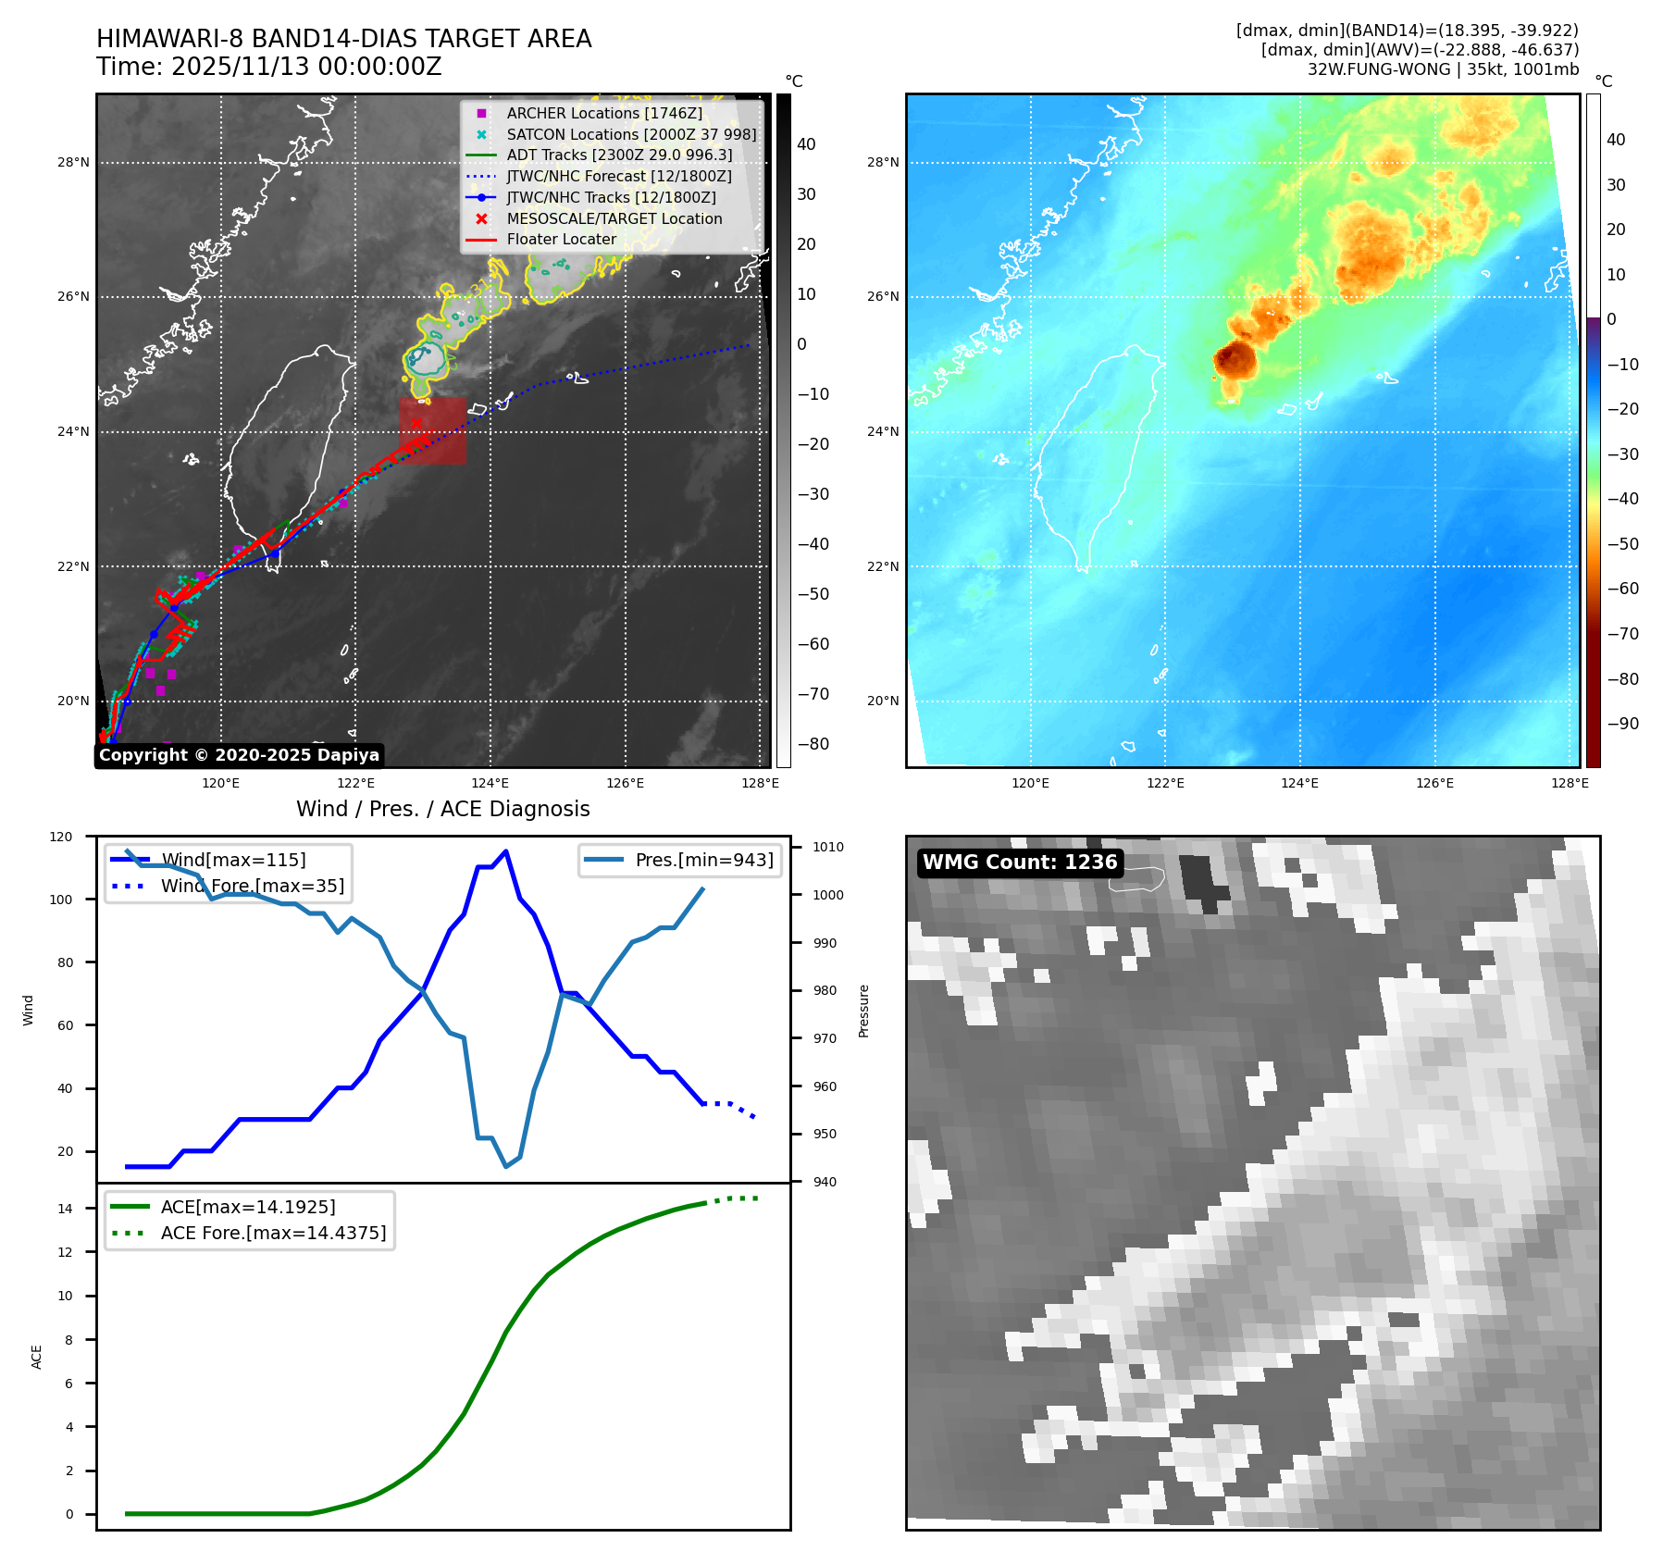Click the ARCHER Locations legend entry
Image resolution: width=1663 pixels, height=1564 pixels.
click(603, 113)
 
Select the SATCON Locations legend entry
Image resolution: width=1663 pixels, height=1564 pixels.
click(630, 134)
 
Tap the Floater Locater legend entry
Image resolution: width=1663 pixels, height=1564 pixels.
click(561, 239)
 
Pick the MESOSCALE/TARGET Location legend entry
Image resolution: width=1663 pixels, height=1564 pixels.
click(614, 218)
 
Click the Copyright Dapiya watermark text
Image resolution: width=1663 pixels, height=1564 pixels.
click(239, 755)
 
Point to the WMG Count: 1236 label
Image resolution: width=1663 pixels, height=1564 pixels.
click(1020, 863)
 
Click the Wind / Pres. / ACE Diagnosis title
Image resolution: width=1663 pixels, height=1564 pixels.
click(442, 809)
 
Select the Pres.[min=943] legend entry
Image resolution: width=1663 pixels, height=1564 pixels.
click(703, 860)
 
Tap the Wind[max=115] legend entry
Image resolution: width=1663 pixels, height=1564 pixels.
click(232, 860)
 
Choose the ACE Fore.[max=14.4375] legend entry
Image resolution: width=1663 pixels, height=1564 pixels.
click(273, 1233)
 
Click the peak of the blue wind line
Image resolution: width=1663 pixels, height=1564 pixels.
click(505, 851)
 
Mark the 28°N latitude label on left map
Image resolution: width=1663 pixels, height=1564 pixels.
click(73, 163)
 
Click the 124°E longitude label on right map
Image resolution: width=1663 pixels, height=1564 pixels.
click(1299, 783)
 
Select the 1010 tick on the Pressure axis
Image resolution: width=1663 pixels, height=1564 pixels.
click(828, 847)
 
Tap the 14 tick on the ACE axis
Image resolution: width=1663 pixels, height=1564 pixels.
click(65, 1209)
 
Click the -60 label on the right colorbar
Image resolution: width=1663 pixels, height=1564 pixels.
click(1622, 589)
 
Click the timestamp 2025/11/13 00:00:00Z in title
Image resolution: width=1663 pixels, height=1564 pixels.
click(306, 68)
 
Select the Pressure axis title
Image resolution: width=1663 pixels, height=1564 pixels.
click(863, 1011)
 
